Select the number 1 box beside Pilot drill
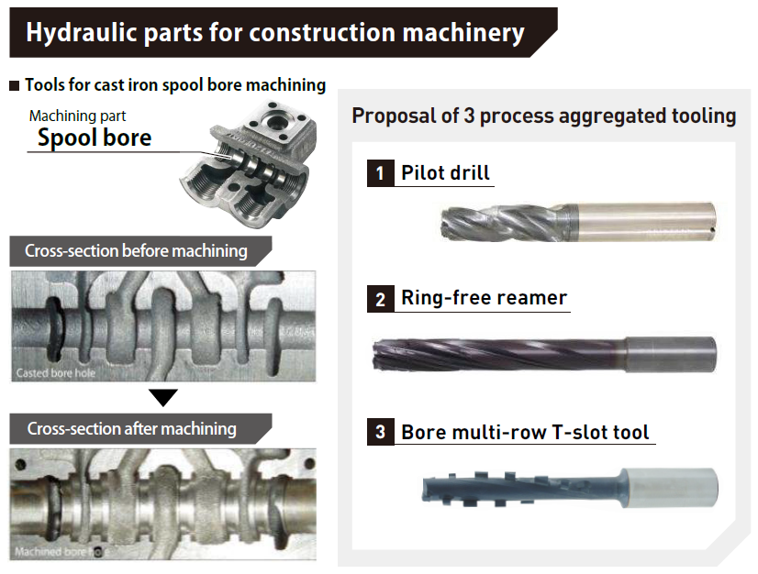click(x=380, y=172)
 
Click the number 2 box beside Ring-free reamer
click(x=380, y=298)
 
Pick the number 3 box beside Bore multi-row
click(x=380, y=432)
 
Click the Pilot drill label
click(x=445, y=172)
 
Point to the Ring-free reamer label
click(x=484, y=298)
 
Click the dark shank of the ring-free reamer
click(x=670, y=354)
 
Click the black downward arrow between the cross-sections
click(x=163, y=397)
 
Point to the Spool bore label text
click(x=94, y=138)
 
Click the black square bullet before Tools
click(x=14, y=86)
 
